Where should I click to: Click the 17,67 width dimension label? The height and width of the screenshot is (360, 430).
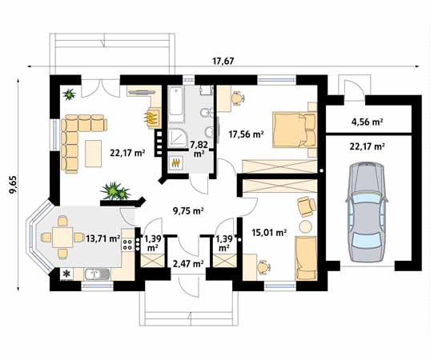tap(223, 61)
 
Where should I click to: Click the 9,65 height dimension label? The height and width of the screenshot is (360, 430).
tap(13, 185)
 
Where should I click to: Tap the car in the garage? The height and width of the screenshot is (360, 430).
tap(367, 212)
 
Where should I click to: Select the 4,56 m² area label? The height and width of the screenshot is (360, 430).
tap(368, 122)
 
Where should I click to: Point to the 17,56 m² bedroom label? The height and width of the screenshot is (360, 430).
tap(247, 134)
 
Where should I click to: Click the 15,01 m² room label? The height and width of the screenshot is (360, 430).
tap(269, 233)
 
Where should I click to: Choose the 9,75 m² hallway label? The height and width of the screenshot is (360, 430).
tap(188, 211)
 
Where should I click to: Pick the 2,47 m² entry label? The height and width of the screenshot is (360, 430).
tap(188, 264)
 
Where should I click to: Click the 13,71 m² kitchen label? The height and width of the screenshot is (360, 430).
tap(102, 238)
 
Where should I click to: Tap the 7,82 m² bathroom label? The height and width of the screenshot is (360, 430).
tap(199, 149)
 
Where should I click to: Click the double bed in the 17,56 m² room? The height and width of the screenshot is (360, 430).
tap(295, 130)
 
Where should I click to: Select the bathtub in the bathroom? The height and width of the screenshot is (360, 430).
tap(176, 104)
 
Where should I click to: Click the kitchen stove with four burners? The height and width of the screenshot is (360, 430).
tap(127, 244)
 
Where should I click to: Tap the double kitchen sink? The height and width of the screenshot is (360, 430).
tap(98, 274)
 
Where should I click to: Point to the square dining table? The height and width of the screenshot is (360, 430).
tap(62, 238)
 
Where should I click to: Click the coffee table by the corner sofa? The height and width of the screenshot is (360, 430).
tap(93, 154)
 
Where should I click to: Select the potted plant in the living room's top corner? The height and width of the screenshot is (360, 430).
tap(69, 94)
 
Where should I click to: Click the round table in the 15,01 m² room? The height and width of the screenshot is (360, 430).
tap(305, 226)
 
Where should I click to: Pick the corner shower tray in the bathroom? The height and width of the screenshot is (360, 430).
tap(177, 138)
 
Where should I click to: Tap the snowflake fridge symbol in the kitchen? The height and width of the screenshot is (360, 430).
tap(66, 274)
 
